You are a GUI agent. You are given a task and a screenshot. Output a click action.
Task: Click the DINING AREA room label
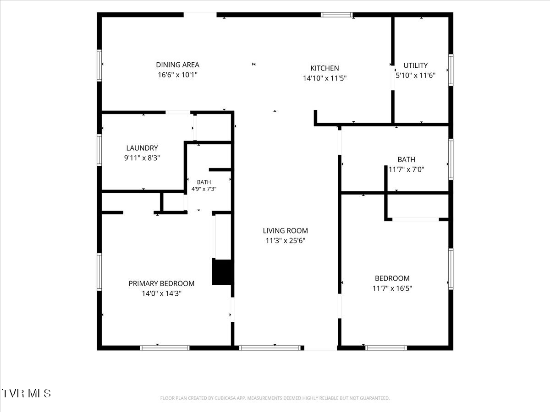178,65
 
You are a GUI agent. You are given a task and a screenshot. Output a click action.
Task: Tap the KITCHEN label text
324,68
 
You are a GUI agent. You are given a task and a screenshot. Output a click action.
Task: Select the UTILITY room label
415,65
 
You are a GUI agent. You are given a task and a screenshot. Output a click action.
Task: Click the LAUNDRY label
142,148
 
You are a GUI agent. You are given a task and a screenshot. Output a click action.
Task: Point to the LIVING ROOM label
286,230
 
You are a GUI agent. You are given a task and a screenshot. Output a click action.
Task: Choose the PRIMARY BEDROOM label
161,283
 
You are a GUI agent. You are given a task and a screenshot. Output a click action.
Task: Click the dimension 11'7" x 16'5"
392,288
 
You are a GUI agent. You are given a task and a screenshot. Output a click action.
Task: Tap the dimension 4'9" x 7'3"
203,189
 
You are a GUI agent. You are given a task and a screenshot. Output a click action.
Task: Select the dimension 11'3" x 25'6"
286,240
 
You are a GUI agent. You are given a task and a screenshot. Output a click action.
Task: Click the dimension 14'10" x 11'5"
324,78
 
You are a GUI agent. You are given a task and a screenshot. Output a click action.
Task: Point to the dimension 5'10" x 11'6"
415,75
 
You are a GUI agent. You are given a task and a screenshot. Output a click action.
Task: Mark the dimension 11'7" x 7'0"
406,169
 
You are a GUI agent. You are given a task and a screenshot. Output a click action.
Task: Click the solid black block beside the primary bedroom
222,272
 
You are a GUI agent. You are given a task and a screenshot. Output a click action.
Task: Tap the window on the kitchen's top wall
337,15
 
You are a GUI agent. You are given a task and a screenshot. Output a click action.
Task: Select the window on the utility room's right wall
451,70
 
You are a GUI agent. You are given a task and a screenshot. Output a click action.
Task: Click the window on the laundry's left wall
99,150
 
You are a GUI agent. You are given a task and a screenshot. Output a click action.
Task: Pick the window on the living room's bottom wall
269,348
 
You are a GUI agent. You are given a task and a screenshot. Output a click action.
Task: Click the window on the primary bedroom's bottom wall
165,348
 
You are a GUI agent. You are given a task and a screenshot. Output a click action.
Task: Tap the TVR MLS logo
26,394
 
